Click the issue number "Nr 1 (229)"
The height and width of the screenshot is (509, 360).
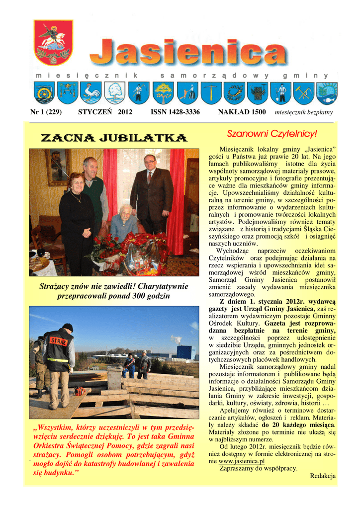pos(46,112)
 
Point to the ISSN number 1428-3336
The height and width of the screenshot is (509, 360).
pos(175,112)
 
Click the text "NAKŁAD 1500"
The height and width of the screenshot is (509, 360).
pos(242,112)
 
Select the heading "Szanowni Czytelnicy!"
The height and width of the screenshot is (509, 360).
pos(272,134)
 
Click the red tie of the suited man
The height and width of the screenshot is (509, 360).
pos(149,177)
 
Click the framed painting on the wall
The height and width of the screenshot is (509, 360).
pos(58,167)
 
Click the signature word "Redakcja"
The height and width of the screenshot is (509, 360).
pos(323,476)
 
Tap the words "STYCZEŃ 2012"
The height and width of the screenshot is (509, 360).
pos(105,112)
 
